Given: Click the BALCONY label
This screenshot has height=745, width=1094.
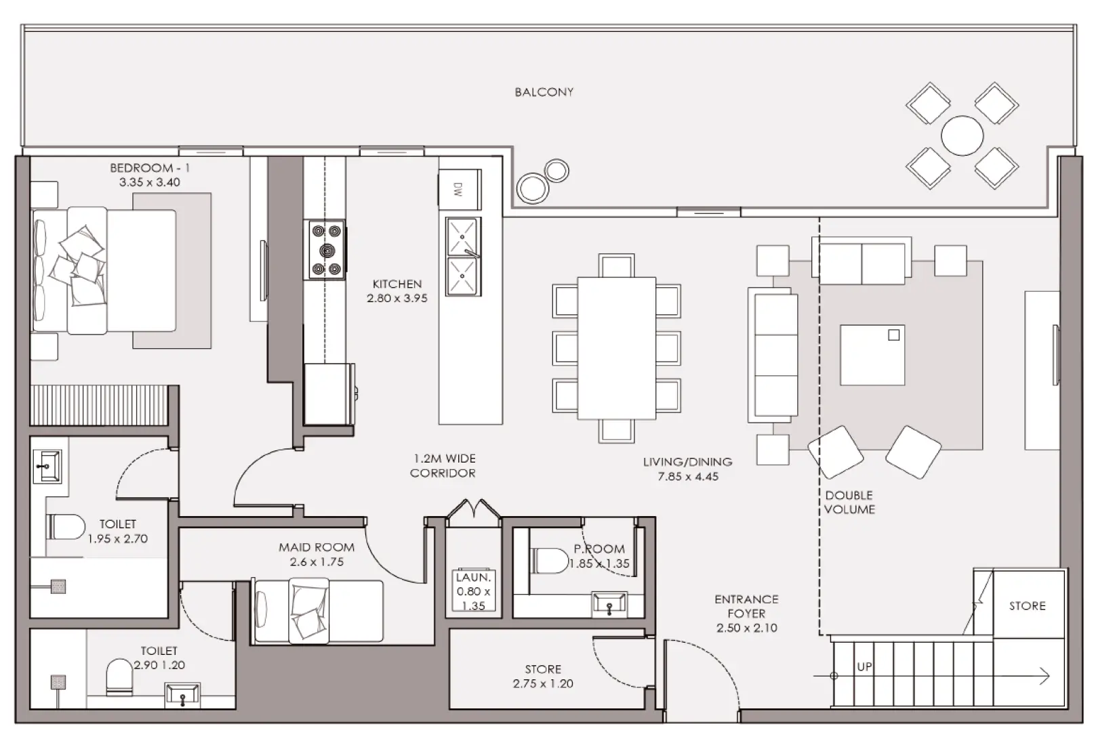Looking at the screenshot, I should pos(544,92).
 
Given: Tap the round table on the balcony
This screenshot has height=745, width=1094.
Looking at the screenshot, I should pos(962,135).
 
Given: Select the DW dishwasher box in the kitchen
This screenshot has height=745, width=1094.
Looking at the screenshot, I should pos(459,190).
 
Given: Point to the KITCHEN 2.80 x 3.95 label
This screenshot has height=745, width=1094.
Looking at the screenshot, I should pos(397,291).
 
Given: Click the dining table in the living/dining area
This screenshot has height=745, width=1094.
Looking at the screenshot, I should pos(616,347).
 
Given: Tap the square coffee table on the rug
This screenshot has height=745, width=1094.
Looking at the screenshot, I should pos(872,355).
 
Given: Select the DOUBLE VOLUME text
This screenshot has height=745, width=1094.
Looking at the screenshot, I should pos(849,503).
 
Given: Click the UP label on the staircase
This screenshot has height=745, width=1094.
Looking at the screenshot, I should pos(864,666).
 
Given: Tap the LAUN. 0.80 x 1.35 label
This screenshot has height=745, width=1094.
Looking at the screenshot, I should pos(473,591).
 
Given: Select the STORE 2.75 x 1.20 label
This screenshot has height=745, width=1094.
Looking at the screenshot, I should pos(543,677).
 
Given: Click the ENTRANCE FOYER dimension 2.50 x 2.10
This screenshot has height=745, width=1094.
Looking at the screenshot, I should pos(746,628).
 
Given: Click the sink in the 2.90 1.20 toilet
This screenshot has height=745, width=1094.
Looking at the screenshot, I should pos(182,694).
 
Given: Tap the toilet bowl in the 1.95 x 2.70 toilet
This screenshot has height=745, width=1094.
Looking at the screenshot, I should pos(66,527).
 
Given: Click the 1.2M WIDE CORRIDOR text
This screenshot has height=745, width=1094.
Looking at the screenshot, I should pos(443,466).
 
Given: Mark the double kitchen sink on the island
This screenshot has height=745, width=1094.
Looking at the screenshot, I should pos(463,257).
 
